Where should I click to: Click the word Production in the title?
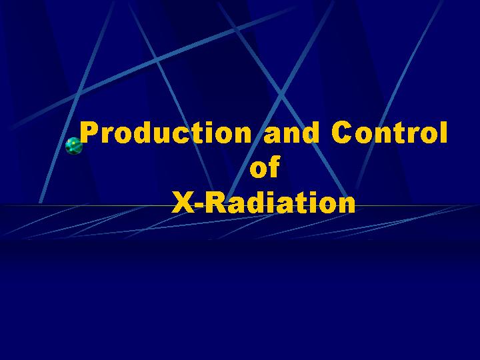[x=165, y=132]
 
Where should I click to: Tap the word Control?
[x=389, y=132]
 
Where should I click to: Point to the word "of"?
[x=265, y=167]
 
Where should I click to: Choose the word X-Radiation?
[x=263, y=202]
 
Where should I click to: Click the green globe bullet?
[x=74, y=146]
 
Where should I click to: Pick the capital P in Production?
[x=89, y=132]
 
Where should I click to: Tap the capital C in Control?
[x=341, y=132]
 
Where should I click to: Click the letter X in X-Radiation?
[x=183, y=202]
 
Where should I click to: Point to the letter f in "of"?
[x=274, y=167]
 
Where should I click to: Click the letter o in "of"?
[x=259, y=170]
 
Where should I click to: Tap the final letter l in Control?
[x=444, y=132]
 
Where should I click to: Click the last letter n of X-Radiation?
[x=347, y=205]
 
